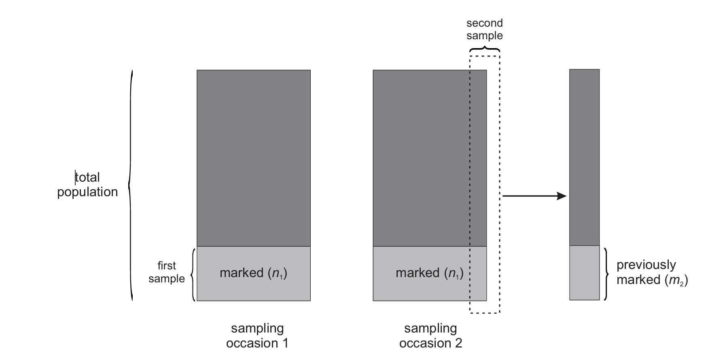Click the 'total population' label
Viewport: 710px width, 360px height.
pos(87,184)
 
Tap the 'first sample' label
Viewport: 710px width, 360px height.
pos(166,272)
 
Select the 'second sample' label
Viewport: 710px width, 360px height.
pos(484,30)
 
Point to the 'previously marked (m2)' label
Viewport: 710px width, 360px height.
pos(651,272)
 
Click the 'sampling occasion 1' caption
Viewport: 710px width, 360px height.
pos(257,336)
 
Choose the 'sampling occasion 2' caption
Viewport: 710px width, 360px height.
pos(430,336)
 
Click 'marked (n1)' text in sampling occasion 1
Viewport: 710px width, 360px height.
pos(253,273)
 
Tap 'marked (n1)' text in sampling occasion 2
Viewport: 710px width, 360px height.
pos(429,273)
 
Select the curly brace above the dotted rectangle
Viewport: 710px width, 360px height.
pos(484,49)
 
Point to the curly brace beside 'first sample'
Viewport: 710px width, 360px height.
pos(193,275)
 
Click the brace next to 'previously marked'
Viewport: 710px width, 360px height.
pos(606,274)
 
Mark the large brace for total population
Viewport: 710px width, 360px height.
pos(130,185)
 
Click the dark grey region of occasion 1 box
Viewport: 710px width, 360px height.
pos(253,158)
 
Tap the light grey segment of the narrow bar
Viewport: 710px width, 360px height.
pos(584,273)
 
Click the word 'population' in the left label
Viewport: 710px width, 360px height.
pos(87,192)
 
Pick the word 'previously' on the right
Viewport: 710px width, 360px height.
pos(646,265)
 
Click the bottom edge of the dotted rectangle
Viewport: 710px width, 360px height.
pos(484,313)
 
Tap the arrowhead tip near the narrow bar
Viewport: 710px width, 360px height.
pos(566,196)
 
